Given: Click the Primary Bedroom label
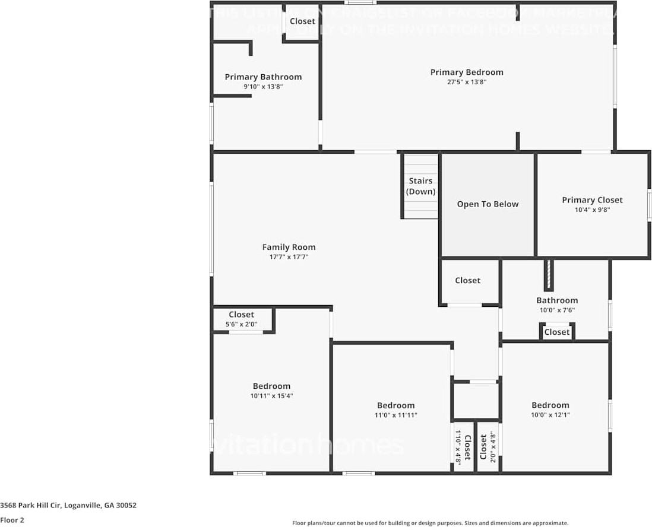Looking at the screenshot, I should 466,72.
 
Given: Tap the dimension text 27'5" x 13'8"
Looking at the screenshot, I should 466,82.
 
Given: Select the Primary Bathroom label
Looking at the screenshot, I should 263,77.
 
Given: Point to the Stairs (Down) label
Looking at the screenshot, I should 420,186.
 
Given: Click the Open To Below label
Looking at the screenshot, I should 488,204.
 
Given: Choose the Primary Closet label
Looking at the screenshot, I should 592,200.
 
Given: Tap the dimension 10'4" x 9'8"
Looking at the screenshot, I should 592,210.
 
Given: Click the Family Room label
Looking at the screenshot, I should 289,247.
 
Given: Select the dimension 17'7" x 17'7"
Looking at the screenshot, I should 289,257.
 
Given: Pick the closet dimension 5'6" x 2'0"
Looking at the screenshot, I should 241,324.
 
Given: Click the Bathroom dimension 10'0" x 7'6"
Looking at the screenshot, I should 556,310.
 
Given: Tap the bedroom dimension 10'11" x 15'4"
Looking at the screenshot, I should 271,396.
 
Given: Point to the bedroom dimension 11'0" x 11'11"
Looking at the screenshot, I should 395,415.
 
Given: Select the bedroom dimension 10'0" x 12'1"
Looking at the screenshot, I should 550,415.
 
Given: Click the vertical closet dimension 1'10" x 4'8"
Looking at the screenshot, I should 458,447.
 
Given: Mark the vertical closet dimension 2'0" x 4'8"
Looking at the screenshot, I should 492,447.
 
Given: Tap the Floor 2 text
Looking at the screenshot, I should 12,520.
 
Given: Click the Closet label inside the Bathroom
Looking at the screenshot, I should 556,332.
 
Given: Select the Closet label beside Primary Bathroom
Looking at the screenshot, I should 302,21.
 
